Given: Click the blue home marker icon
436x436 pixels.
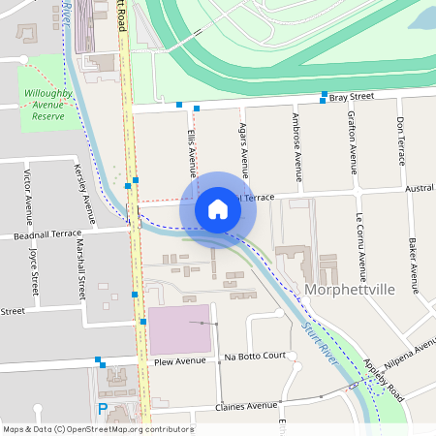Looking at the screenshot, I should [218, 209].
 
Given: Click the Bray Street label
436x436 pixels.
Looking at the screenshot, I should [352, 97].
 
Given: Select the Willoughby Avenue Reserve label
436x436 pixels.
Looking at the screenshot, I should [44, 105].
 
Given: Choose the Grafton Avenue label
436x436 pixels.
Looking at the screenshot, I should [350, 141].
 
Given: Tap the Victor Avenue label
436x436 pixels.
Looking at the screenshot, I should [26, 193].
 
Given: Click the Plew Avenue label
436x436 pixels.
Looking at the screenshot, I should [174, 360].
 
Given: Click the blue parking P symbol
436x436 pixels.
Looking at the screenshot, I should [103, 409].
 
